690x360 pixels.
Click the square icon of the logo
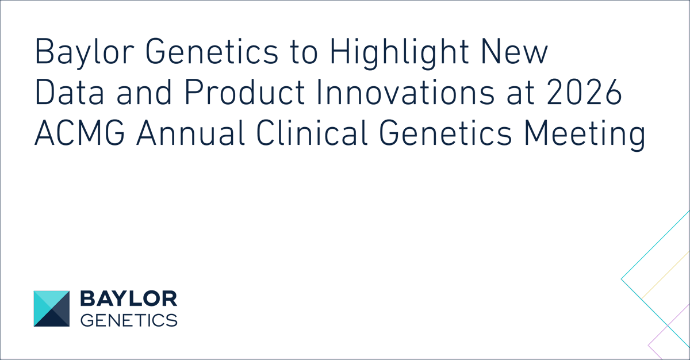[x=51, y=309]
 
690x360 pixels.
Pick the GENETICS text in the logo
[x=128, y=320]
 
